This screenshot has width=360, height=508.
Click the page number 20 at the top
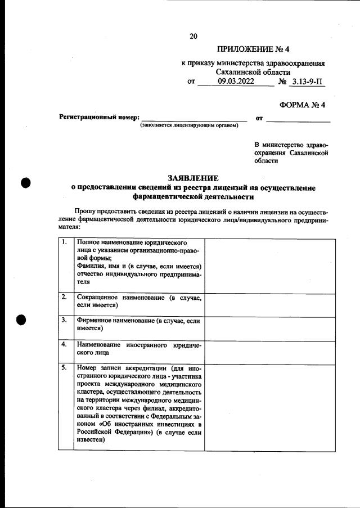coord(193,37)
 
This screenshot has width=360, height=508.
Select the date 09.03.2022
coord(236,82)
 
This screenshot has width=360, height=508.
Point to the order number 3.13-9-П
coord(306,82)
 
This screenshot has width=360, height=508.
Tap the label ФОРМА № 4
coord(302,105)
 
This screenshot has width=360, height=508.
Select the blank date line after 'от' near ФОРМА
coord(298,118)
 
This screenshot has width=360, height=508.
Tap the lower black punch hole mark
coord(22,320)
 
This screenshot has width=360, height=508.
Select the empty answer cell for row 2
coord(270,304)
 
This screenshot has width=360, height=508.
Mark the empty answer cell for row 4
coord(270,351)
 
